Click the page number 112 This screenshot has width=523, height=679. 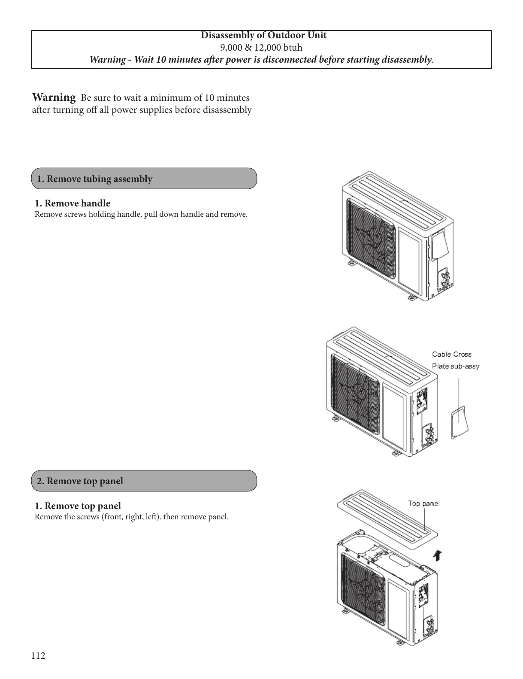pos(38,655)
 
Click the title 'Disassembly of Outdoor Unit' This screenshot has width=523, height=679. pos(263,36)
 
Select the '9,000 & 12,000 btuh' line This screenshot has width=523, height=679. pos(261,47)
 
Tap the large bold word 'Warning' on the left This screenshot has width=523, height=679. pos(54,97)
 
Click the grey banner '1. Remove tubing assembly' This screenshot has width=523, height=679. pos(144,179)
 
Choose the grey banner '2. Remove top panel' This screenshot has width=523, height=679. pos(144,481)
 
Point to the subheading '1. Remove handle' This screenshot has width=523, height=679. pos(73,203)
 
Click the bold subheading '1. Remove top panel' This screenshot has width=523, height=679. pos(78,506)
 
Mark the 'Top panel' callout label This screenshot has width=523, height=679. pos(423,503)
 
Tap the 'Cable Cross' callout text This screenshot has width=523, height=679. pos(451,355)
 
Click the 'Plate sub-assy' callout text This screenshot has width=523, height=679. pos(455,366)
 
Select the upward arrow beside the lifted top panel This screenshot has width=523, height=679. pos(437,555)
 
